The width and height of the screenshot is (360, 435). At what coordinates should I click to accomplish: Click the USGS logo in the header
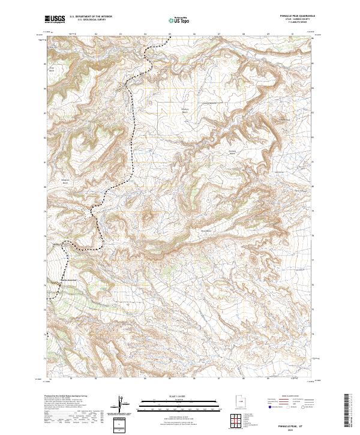56,19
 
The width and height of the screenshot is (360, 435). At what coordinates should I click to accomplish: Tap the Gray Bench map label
59,69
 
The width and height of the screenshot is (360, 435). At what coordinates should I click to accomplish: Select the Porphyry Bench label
185,110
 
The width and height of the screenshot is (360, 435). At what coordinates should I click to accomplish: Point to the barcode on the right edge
347,413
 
